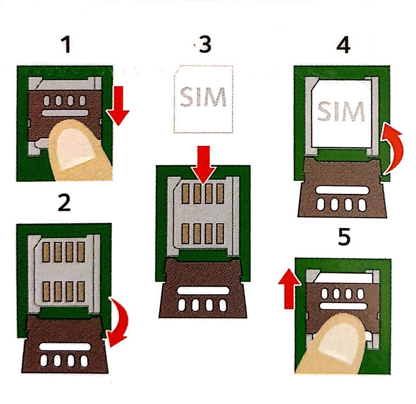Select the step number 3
pos(205,45)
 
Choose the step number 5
pos(344,238)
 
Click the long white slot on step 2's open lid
pos(65,346)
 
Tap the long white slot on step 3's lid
pos(203,291)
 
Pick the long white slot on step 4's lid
pos(342,190)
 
